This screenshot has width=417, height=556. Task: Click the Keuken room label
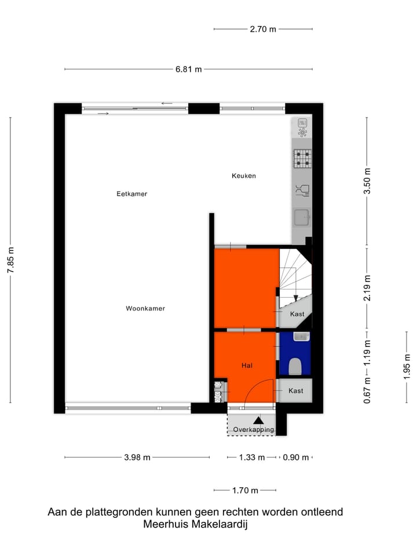pos(243,175)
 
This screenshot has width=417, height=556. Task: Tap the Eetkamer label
pos(131,194)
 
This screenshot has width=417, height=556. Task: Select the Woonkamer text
pos(145,309)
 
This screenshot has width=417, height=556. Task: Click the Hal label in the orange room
pos(248,365)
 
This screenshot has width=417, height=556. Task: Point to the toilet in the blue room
pos(295,366)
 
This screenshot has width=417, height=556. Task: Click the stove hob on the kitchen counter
pos(301,158)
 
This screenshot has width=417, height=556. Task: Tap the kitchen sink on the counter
pos(301,218)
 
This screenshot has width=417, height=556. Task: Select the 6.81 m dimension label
pos(189,69)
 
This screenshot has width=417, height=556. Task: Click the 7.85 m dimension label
pos(11,260)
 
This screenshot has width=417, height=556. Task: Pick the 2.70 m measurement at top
pos(263,29)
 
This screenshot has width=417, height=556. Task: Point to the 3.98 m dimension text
pos(137,458)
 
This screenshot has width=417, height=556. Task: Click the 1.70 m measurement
pos(245,491)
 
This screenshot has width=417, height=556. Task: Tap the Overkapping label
pos(253,430)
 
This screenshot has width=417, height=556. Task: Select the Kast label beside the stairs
pos(297,314)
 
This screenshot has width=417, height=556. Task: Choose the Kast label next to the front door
pos(295,391)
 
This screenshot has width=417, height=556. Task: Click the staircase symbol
pos(295,275)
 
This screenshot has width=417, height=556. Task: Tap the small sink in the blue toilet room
pos(301,336)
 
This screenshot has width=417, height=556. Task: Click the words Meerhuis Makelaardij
pos(195,525)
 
